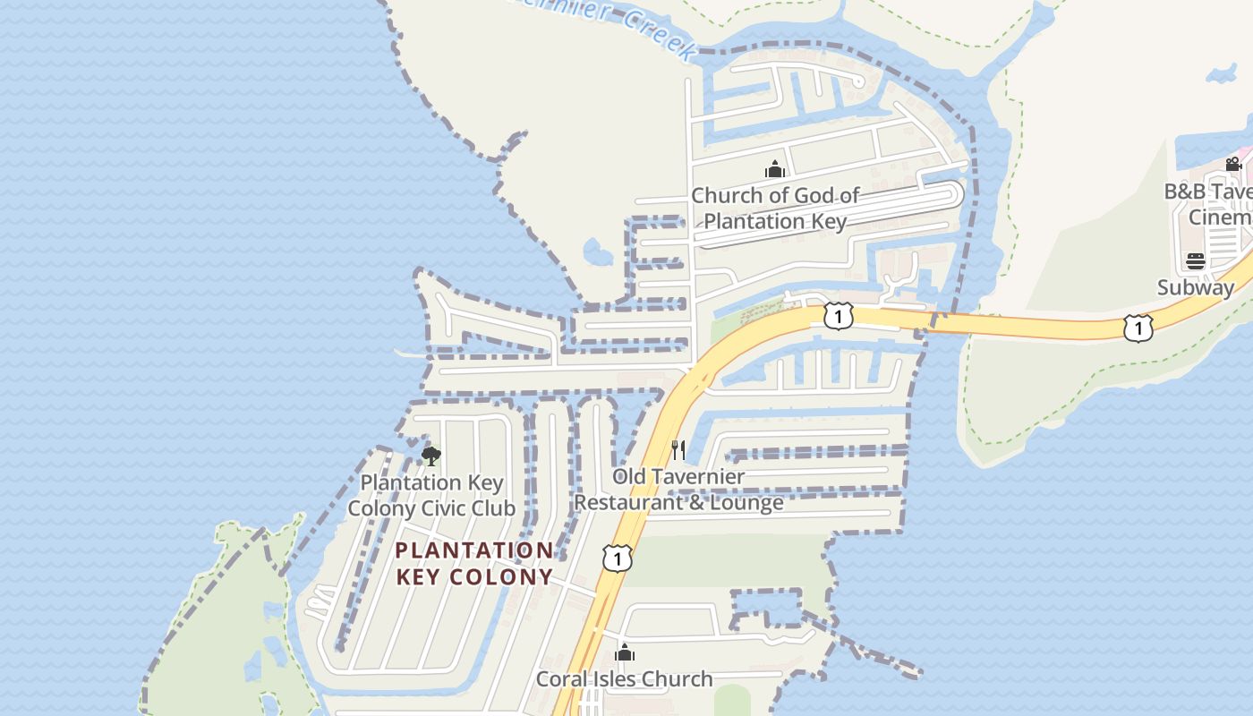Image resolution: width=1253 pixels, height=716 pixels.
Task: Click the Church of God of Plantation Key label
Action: pos(775,208)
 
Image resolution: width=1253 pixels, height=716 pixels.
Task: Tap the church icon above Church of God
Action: pos(774,168)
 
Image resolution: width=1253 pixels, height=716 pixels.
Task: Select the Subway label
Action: pos(1195,287)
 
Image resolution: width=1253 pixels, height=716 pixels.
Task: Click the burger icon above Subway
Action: pos(1196,261)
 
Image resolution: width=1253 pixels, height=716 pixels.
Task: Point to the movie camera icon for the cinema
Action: pos(1233,164)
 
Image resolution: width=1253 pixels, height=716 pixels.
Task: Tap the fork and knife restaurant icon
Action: pos(678,449)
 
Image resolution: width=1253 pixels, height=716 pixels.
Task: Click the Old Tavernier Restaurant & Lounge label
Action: pos(678,489)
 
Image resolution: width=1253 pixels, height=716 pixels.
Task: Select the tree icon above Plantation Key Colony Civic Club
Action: pos(430,456)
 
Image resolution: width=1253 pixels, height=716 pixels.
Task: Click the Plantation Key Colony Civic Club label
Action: pos(431,495)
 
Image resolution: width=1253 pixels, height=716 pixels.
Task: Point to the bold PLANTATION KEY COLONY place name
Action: pos(474,563)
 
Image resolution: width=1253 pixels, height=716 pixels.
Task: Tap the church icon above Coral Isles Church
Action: pos(625,652)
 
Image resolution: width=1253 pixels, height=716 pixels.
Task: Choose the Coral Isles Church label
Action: pos(625,678)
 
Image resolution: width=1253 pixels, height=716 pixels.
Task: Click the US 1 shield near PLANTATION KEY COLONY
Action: pos(617,558)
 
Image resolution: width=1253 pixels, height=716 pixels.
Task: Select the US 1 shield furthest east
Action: pos(1138,328)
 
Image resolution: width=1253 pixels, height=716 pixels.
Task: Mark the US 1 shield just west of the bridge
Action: pos(838,315)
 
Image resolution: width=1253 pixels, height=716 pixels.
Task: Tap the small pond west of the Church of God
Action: pos(597,251)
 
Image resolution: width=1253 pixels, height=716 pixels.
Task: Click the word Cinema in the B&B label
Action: pos(1219,217)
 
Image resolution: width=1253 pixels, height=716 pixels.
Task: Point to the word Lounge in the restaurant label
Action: pos(746,502)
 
